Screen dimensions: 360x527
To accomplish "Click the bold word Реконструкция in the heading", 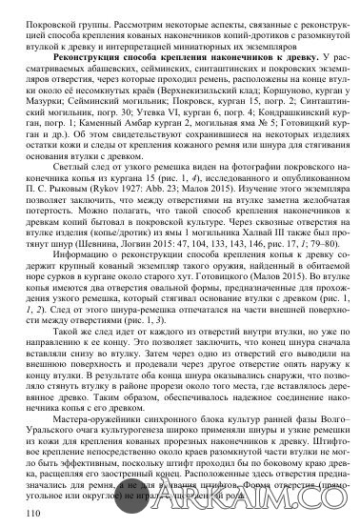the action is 77,54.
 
